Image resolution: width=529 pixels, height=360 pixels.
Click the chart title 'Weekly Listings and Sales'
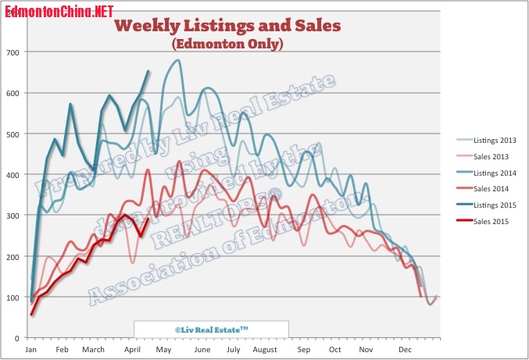tap(227, 26)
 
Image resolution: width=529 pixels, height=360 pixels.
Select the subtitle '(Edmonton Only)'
tap(227, 45)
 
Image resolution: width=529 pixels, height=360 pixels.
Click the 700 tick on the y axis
tap(14, 52)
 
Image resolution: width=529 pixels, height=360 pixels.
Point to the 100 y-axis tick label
tap(14, 298)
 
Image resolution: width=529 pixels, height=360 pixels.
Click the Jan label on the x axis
tap(30, 350)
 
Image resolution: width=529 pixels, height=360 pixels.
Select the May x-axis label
tap(163, 350)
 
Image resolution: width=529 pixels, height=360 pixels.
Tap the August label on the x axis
tap(266, 350)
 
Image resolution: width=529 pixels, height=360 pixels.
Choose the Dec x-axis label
tap(404, 350)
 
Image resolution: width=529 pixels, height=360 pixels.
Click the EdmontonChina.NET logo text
tap(59, 12)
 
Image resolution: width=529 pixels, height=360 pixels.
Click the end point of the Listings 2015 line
tap(149, 71)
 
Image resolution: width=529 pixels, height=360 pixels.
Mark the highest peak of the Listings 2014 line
tap(178, 60)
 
